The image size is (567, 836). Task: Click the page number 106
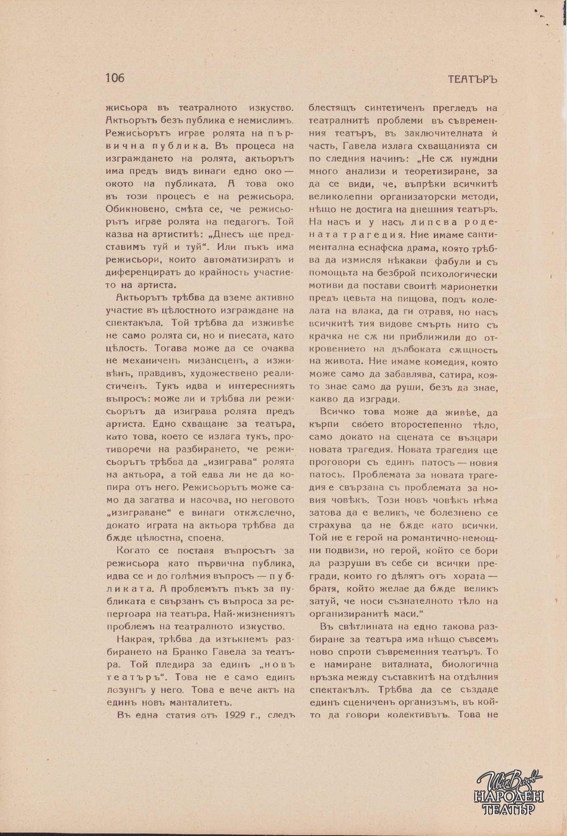115,78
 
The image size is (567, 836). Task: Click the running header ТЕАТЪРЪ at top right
472,80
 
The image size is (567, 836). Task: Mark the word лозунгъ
125,689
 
